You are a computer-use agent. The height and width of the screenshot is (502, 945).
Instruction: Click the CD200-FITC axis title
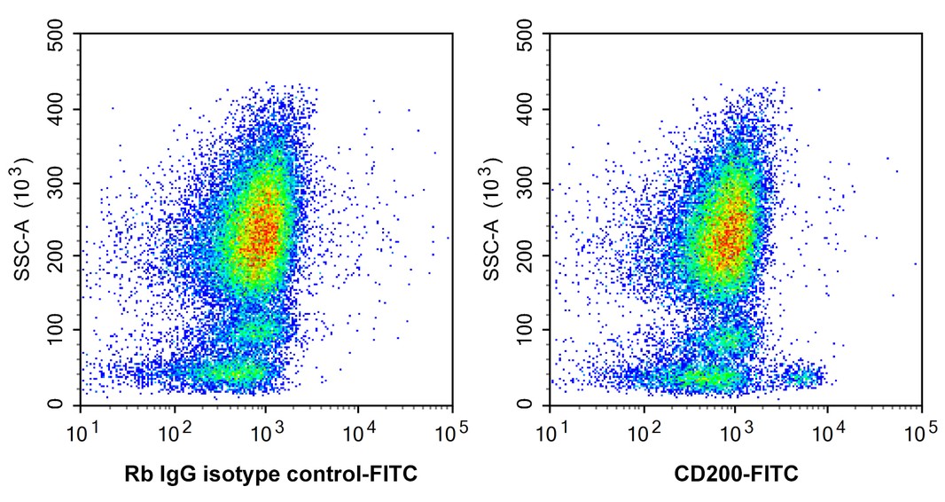point(736,475)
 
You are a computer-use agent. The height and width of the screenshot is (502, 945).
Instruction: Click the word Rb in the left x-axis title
point(136,475)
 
